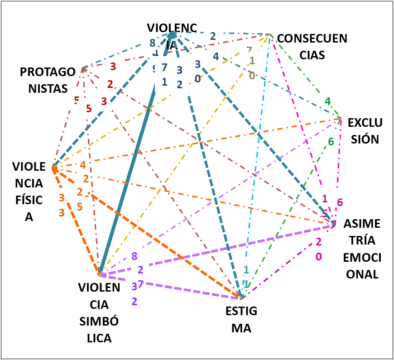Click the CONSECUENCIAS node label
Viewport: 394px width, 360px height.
coord(312,46)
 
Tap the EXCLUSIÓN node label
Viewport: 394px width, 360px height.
coord(365,130)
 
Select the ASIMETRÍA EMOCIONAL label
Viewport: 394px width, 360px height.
coord(361,249)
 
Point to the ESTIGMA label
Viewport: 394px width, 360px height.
coord(241,319)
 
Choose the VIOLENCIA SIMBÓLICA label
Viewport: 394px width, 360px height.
coord(99,312)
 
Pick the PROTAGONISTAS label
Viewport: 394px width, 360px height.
coord(48,80)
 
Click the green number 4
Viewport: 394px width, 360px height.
coord(327,101)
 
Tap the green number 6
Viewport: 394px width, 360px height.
coord(331,142)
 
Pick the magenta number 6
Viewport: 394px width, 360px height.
coord(340,202)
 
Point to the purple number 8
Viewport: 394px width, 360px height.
coord(134,256)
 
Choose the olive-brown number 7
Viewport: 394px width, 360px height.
coord(249,50)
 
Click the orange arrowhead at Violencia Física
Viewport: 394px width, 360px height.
coord(55,170)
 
